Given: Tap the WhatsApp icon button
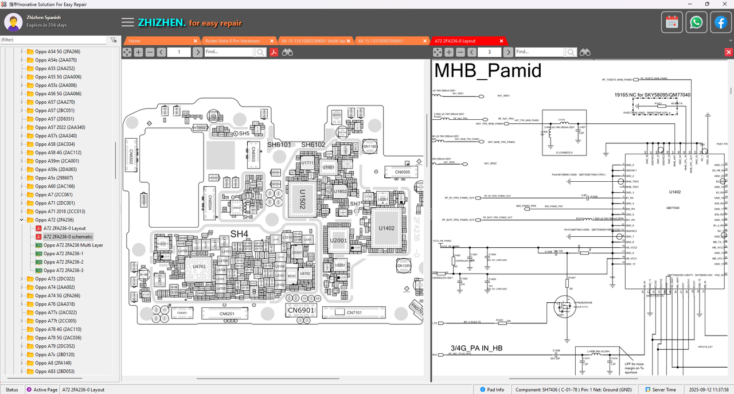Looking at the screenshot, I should tap(696, 22).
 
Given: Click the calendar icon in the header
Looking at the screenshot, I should tap(672, 22).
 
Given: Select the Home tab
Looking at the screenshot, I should tap(135, 41).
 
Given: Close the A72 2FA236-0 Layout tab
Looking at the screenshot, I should tap(502, 41).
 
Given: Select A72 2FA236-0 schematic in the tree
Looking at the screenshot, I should tap(68, 236).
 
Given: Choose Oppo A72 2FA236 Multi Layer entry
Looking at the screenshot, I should tap(73, 245).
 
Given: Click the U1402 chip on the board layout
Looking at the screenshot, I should tap(386, 228).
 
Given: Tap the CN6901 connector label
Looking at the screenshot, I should tap(301, 310).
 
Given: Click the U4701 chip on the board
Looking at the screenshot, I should tap(200, 267).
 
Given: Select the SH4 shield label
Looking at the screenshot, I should tap(239, 233).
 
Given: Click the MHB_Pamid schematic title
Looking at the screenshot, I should tap(488, 71).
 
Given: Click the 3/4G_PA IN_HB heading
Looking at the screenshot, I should tap(476, 348).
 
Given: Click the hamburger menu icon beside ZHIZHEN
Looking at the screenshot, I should tap(128, 22).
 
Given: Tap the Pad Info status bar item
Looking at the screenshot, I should tap(491, 389).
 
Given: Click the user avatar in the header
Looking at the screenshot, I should tap(13, 22).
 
